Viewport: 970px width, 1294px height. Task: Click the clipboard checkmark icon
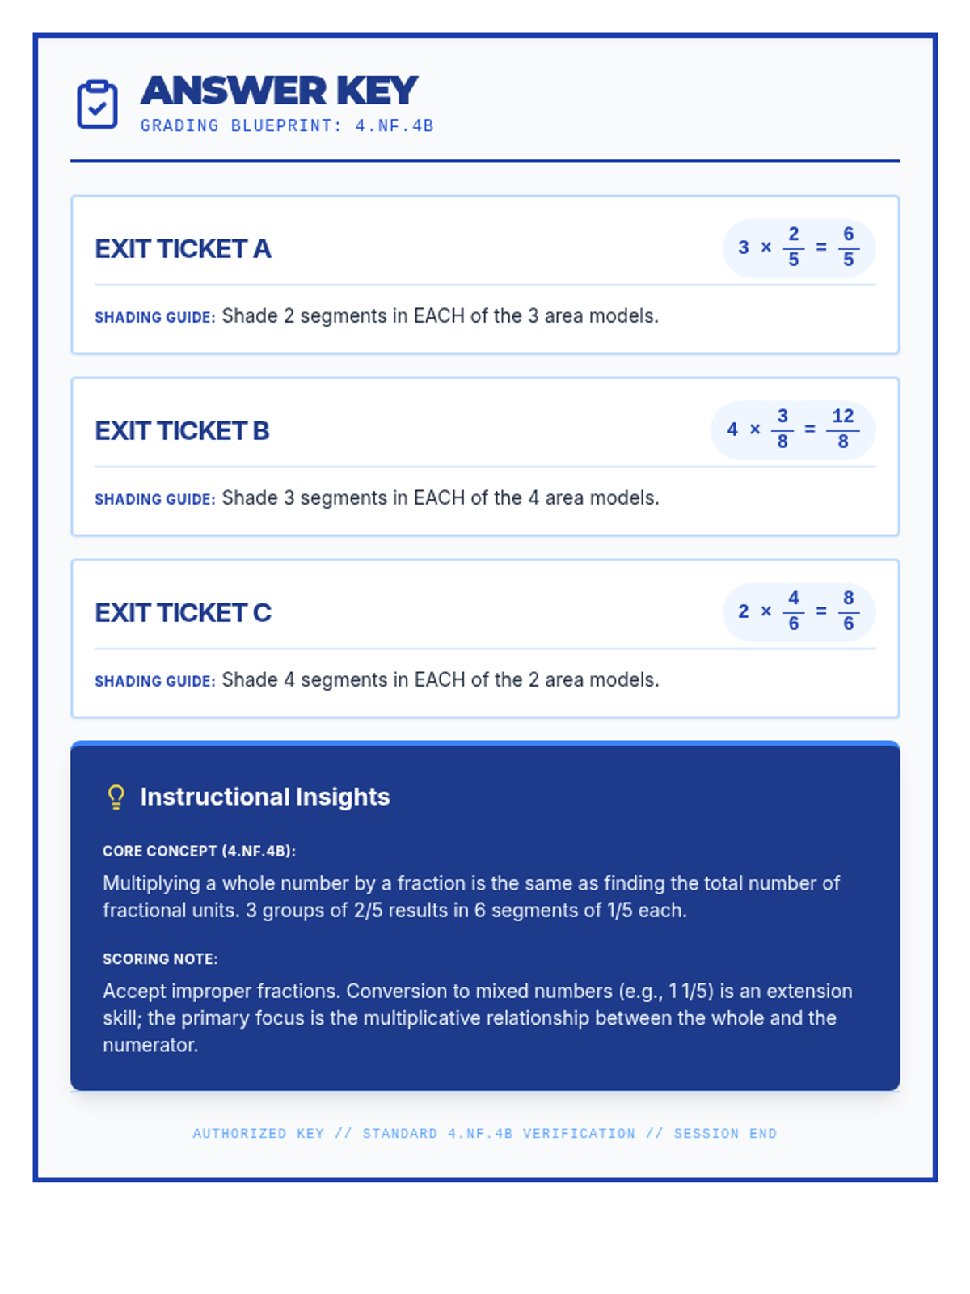pos(97,104)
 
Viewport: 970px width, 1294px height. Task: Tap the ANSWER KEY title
pos(279,91)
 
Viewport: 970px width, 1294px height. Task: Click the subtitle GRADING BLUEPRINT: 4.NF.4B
pos(287,125)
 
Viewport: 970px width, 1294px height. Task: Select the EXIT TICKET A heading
pos(183,249)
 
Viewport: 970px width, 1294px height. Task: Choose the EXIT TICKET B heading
pos(182,431)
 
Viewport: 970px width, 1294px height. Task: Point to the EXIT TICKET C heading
pos(183,613)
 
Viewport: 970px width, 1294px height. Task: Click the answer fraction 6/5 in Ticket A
pos(848,247)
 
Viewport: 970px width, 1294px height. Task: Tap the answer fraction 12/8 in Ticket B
pos(843,429)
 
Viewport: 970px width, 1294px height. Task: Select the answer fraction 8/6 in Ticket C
pos(848,611)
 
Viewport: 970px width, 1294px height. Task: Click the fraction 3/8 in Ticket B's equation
pos(782,429)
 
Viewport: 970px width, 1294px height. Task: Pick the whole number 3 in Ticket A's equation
pos(744,247)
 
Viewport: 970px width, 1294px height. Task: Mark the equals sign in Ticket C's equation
pos(821,611)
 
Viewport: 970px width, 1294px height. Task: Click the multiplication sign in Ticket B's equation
pos(755,429)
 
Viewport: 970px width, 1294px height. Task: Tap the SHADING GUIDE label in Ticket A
pos(155,318)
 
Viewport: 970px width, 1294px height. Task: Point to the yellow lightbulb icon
pos(116,797)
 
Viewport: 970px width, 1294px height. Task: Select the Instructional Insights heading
pos(265,797)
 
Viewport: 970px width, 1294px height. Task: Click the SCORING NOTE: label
pos(160,959)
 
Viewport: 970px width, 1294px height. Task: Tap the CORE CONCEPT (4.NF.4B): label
pos(199,852)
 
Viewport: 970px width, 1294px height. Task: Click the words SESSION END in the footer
pos(725,1134)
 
